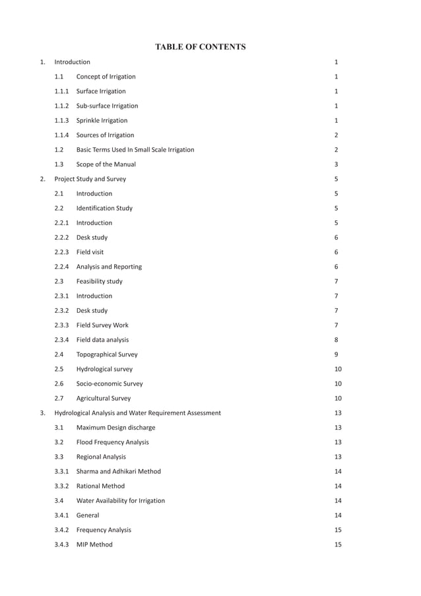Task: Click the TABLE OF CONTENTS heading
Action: [200, 47]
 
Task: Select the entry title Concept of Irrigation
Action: [106, 77]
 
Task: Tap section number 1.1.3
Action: [63, 121]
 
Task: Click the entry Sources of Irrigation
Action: [105, 135]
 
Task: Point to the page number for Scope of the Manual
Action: [337, 164]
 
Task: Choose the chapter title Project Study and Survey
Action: [90, 179]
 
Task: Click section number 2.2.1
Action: [63, 223]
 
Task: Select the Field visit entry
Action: [90, 252]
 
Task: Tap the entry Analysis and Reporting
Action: [109, 267]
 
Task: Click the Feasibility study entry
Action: [99, 281]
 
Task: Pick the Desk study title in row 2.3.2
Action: [92, 310]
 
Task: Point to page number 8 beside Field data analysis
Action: [337, 340]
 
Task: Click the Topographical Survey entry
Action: [107, 354]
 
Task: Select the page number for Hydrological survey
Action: [338, 369]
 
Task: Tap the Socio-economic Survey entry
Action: [109, 383]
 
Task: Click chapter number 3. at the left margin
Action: [43, 413]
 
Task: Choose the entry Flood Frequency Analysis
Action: [112, 442]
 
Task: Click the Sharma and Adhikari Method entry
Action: [118, 471]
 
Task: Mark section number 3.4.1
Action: [63, 515]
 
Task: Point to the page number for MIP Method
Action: [338, 545]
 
